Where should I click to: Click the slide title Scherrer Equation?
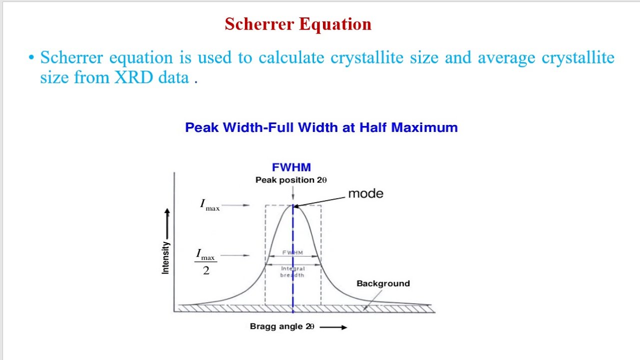(298, 24)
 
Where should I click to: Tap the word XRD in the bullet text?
(134, 77)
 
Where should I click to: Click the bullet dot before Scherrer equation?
(31, 58)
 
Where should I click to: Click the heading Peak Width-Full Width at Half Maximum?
(321, 127)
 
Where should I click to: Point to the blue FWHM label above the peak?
(291, 167)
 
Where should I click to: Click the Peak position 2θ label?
(291, 180)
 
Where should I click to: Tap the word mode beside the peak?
(365, 193)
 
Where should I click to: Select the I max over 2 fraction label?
(205, 262)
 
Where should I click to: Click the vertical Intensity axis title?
(165, 257)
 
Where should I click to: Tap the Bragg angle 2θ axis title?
(282, 326)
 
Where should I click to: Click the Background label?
(383, 283)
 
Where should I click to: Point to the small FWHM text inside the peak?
(293, 252)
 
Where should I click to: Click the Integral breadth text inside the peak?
(292, 272)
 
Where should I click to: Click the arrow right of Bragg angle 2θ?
(333, 327)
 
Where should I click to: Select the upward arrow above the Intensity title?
(167, 222)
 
